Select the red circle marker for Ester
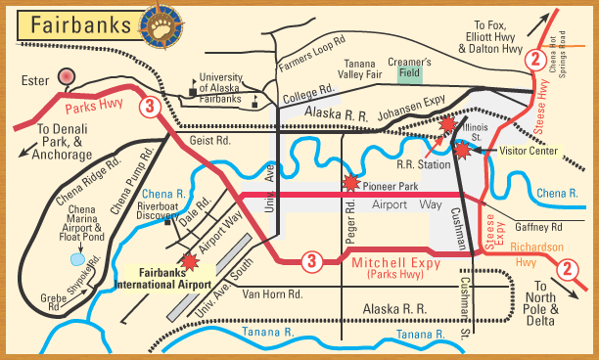[x=67, y=75]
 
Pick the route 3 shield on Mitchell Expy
[x=310, y=260]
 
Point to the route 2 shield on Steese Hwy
[x=534, y=59]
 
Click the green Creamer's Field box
[x=410, y=71]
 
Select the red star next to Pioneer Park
[x=349, y=182]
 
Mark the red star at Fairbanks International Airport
[x=190, y=261]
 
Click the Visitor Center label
[x=529, y=152]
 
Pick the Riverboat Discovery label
[x=157, y=213]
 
